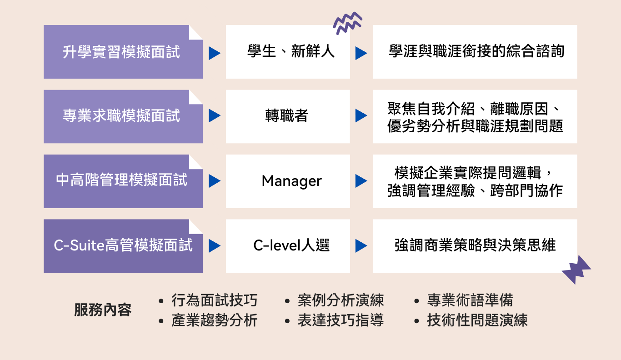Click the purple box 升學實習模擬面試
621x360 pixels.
click(123, 52)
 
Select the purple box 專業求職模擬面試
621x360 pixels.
click(123, 116)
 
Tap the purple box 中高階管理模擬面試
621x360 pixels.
click(123, 181)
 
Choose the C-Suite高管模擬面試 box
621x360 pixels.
click(123, 246)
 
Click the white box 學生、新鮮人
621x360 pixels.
click(288, 52)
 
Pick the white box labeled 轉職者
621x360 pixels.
click(288, 116)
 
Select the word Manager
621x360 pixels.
click(292, 181)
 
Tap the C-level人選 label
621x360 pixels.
click(292, 245)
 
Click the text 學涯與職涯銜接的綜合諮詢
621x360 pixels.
click(476, 51)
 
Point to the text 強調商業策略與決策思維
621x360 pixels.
click(475, 245)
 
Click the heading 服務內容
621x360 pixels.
click(103, 310)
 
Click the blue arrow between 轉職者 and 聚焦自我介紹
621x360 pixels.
click(361, 115)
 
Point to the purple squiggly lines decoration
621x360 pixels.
click(347, 23)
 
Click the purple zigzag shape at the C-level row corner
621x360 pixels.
click(576, 270)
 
